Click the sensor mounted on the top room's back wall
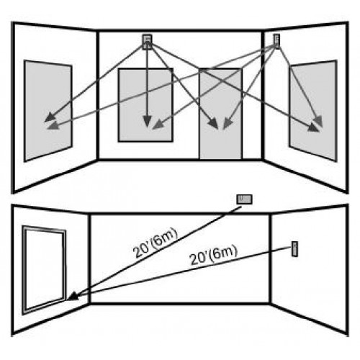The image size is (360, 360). [x=147, y=42]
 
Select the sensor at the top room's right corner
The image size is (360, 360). [x=276, y=41]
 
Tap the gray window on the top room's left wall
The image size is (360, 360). [x=48, y=111]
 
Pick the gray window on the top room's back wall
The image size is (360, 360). [x=145, y=105]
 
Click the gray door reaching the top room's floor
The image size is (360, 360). [x=220, y=114]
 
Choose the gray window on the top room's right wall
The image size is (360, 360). [x=313, y=111]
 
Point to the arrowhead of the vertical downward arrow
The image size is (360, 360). [x=147, y=121]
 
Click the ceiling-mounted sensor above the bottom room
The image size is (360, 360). [x=244, y=199]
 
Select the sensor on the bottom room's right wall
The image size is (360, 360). [x=295, y=249]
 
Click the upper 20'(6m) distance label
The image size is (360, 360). [x=156, y=243]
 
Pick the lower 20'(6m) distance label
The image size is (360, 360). [x=213, y=256]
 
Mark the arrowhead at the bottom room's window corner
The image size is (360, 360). [x=73, y=296]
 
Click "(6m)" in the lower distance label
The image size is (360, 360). [x=223, y=253]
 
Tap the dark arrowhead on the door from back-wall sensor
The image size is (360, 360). [x=213, y=124]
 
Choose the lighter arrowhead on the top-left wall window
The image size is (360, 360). [x=53, y=125]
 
